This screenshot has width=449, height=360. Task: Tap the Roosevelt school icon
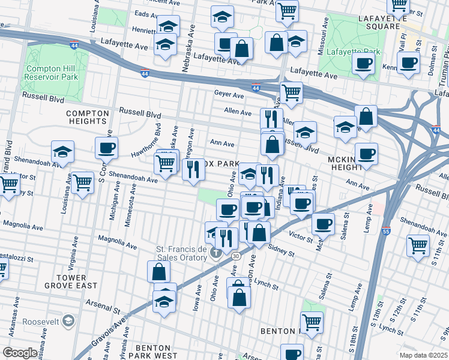click(69, 322)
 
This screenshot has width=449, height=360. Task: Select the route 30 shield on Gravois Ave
click(237, 256)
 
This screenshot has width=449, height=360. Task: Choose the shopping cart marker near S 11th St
click(418, 244)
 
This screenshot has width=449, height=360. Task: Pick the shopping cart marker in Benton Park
click(312, 322)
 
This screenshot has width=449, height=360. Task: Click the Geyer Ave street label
click(229, 94)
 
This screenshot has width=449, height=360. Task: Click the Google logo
click(20, 353)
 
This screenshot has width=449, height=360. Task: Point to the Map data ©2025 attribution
click(423, 355)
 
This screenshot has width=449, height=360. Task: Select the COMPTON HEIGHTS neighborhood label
click(88, 117)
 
